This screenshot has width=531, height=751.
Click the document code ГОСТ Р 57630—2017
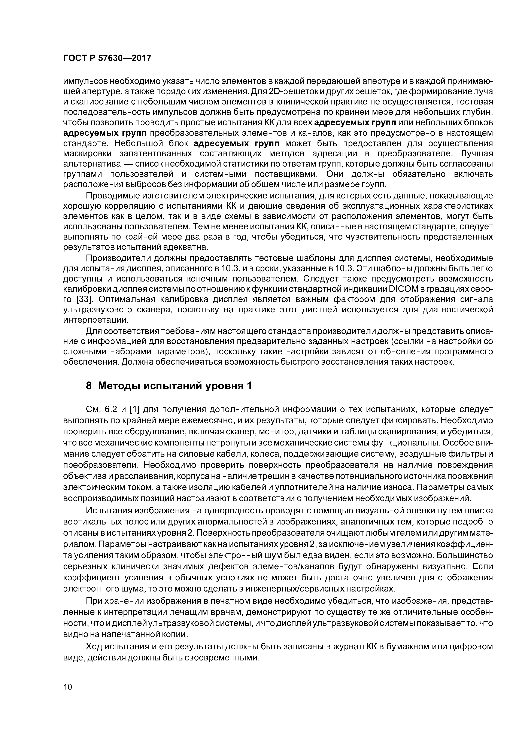point(107,58)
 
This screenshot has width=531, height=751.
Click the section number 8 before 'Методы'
point(89,386)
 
